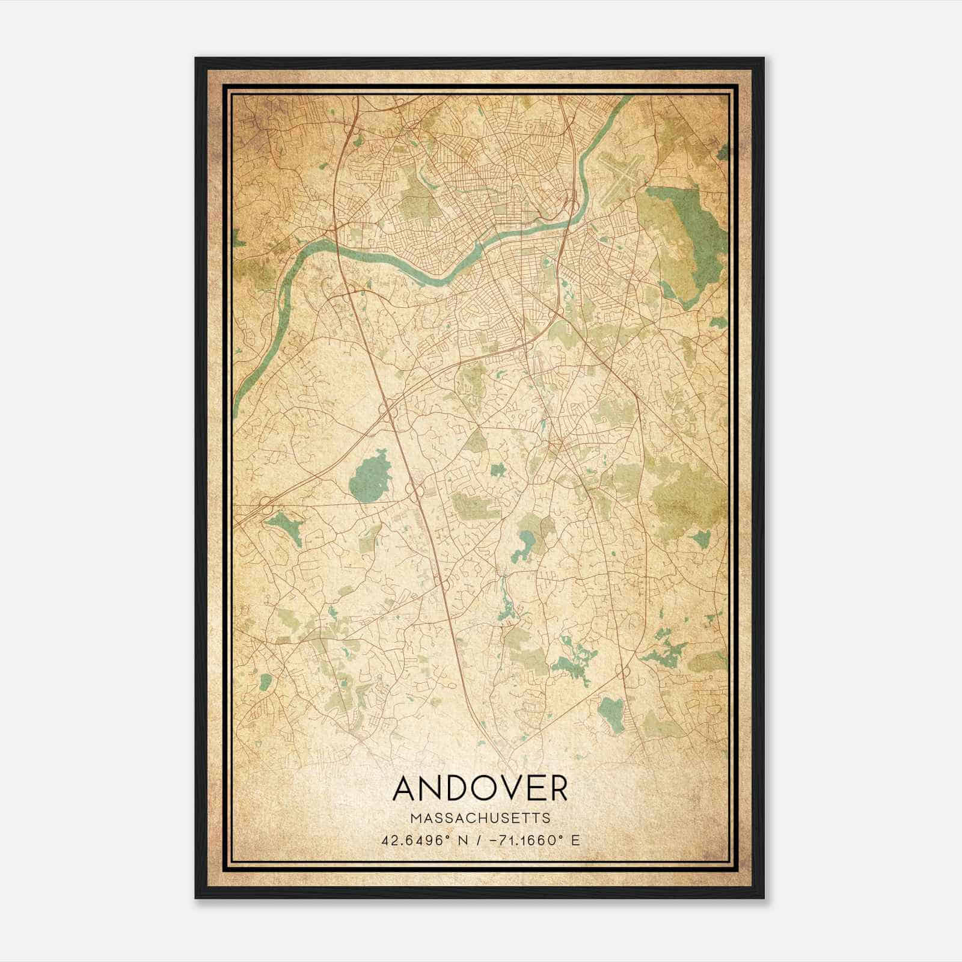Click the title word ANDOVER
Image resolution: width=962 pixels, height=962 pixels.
point(480,788)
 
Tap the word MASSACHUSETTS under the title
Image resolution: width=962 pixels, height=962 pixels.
point(480,818)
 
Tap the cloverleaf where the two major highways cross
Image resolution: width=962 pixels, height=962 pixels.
point(388,409)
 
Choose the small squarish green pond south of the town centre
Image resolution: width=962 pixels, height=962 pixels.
point(497,470)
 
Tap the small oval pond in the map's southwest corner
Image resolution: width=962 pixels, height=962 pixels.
point(265,681)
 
